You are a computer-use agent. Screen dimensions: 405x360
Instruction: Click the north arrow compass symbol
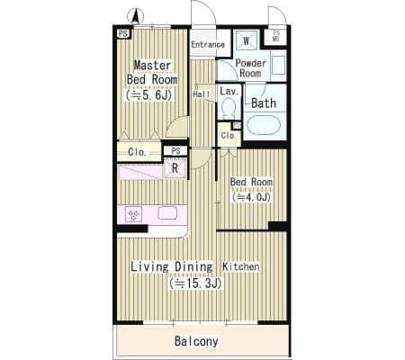pos(135,16)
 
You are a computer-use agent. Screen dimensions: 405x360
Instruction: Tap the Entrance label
pos(208,44)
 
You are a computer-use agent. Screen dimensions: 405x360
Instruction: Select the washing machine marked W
pos(247,40)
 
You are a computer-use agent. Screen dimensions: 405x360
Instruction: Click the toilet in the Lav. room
pos(229,108)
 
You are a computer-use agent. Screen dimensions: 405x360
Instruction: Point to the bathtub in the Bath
pos(264,125)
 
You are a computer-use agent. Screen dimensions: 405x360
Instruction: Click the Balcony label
pos(196,341)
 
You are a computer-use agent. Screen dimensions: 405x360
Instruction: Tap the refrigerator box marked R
pos(175,168)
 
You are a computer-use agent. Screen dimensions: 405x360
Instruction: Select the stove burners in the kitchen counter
pos(133,214)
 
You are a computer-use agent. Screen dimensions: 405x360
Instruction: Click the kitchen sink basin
pos(167,213)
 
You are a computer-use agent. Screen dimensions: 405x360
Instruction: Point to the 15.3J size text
pos(195,283)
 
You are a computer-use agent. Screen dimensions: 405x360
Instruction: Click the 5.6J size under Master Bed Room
pos(149,95)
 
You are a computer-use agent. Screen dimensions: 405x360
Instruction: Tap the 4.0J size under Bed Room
pos(251,197)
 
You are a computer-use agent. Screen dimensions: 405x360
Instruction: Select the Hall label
pos(202,94)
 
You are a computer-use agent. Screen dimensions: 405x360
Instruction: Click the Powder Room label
pos(250,68)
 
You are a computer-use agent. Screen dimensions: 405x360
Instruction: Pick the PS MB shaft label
pos(276,36)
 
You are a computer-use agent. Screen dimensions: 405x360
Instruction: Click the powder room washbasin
pos(278,65)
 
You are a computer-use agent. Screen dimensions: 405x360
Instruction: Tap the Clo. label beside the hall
pos(229,135)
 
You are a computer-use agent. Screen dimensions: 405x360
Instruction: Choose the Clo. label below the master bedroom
pos(137,152)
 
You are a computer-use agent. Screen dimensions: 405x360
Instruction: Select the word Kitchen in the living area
pos(241,266)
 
